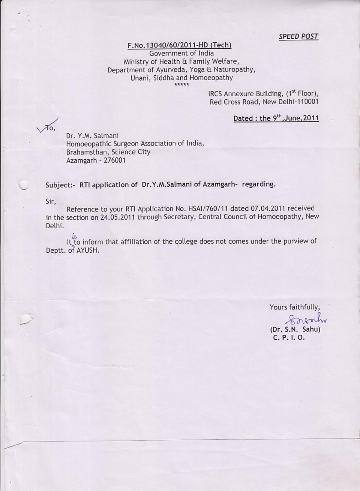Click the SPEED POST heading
pos(298,36)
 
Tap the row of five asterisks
pos(182,85)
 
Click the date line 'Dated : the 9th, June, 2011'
pos(276,118)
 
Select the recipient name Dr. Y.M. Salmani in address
pos(92,135)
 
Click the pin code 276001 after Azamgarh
pos(114,160)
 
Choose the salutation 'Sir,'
pos(51,201)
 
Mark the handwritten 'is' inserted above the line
pos(74,236)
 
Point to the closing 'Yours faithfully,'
pos(294,307)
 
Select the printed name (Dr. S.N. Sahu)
pos(295,329)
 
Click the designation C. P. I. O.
pos(289,337)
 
